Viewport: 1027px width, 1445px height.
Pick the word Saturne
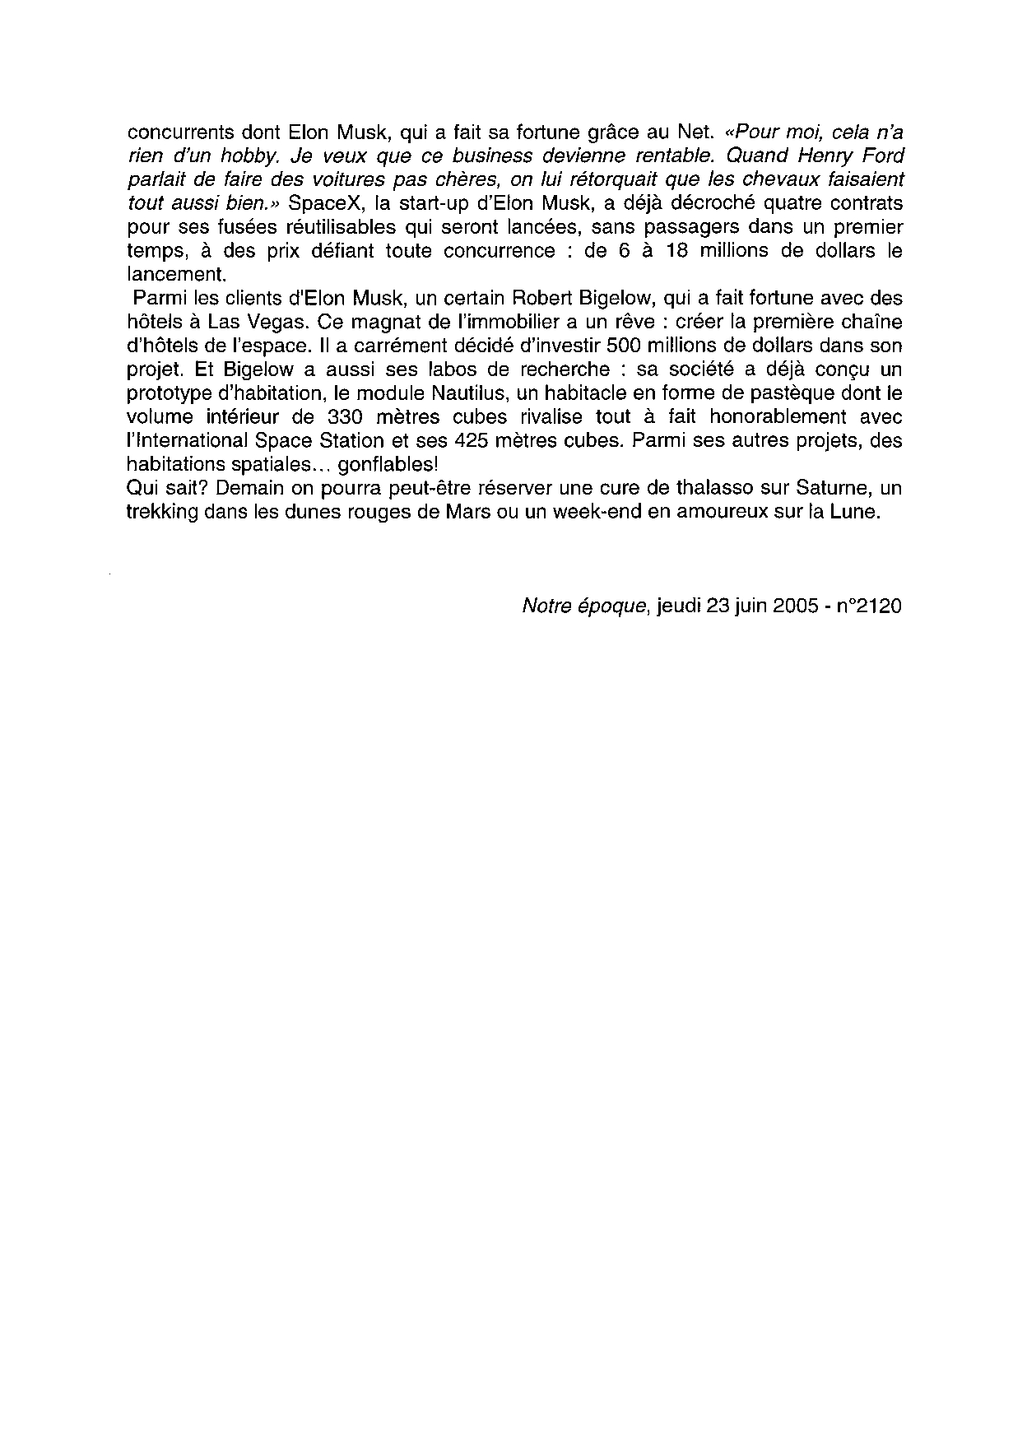coord(833,488)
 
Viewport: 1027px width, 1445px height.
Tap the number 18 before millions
coord(675,250)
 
